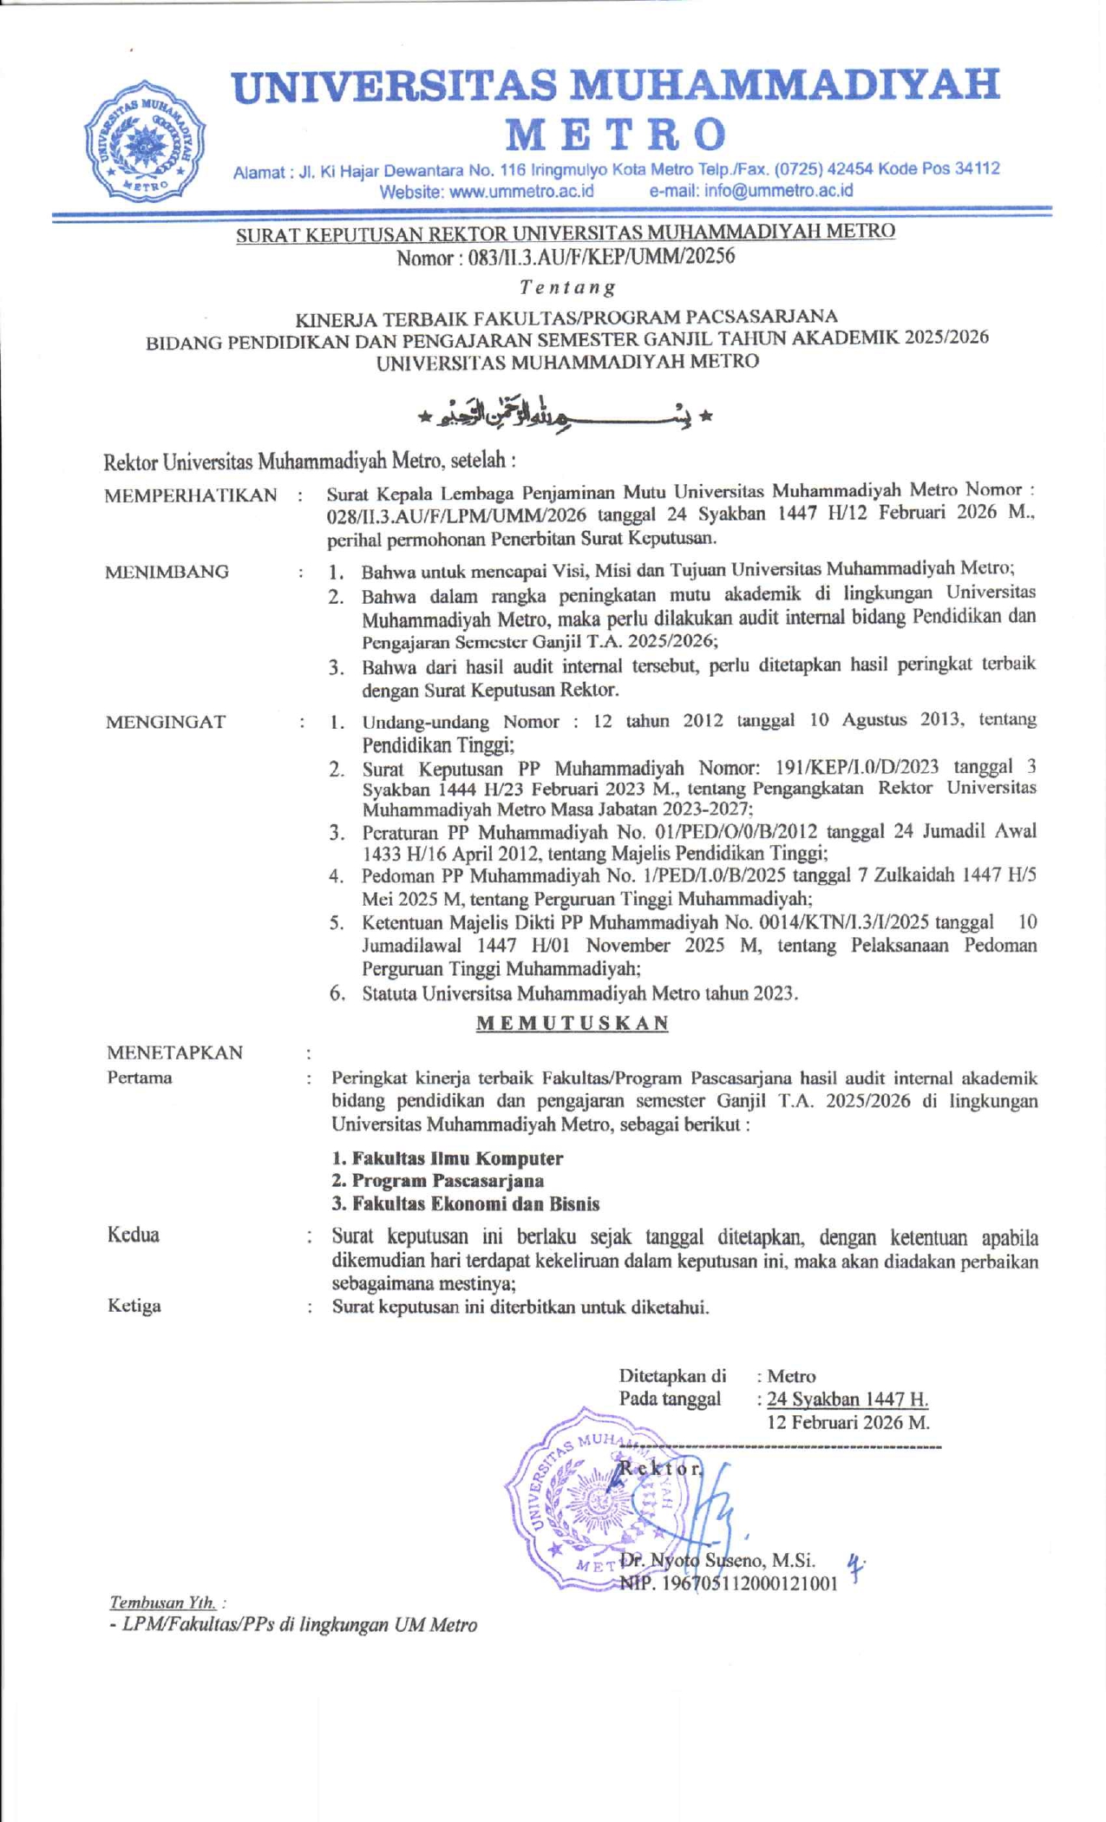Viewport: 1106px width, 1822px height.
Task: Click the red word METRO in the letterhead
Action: (616, 134)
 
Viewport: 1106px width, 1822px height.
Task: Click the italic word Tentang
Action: (567, 286)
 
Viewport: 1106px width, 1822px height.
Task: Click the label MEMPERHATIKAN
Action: (190, 495)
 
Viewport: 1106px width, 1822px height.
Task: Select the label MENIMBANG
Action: (167, 572)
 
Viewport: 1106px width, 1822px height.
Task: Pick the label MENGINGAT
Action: (165, 722)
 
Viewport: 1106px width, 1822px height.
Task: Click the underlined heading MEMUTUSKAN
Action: (573, 1023)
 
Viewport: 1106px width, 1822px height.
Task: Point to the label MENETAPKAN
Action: (174, 1053)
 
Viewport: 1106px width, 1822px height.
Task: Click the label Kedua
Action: (133, 1235)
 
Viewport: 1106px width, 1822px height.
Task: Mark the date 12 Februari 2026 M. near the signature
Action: (847, 1423)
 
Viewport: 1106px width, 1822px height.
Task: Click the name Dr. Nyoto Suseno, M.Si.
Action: (718, 1560)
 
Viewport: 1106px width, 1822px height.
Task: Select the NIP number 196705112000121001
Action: (729, 1583)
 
